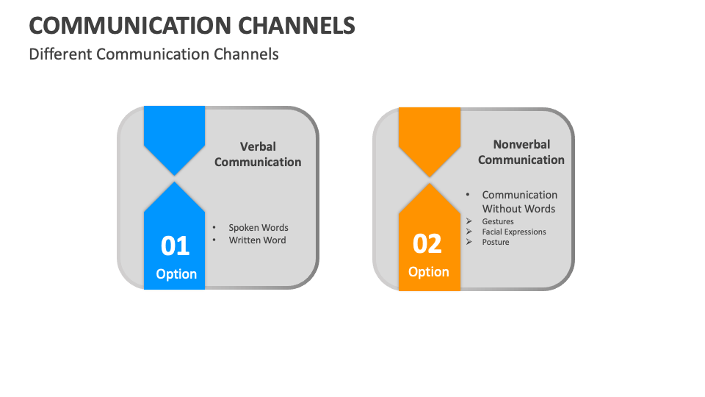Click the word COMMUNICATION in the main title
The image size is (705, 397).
[130, 25]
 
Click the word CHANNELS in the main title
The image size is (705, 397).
[297, 25]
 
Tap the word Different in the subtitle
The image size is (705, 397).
[60, 54]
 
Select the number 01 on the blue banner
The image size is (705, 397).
[175, 246]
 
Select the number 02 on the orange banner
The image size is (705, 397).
[427, 243]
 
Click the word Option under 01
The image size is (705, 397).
[176, 274]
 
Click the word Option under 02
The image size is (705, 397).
[428, 272]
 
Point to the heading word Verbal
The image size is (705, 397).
[258, 147]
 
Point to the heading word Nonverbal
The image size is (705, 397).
[521, 145]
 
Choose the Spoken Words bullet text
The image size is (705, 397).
[258, 228]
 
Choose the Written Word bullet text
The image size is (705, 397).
[257, 240]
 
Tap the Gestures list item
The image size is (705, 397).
[498, 221]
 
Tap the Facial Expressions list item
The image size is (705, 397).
[514, 232]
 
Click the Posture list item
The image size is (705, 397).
[496, 242]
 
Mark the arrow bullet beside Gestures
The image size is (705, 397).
[469, 221]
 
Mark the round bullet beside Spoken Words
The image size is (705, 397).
[214, 227]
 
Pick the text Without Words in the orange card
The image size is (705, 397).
[518, 209]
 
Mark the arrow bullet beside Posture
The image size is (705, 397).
[469, 242]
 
